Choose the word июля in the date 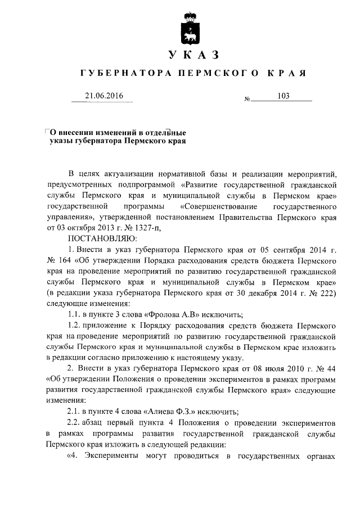285,367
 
